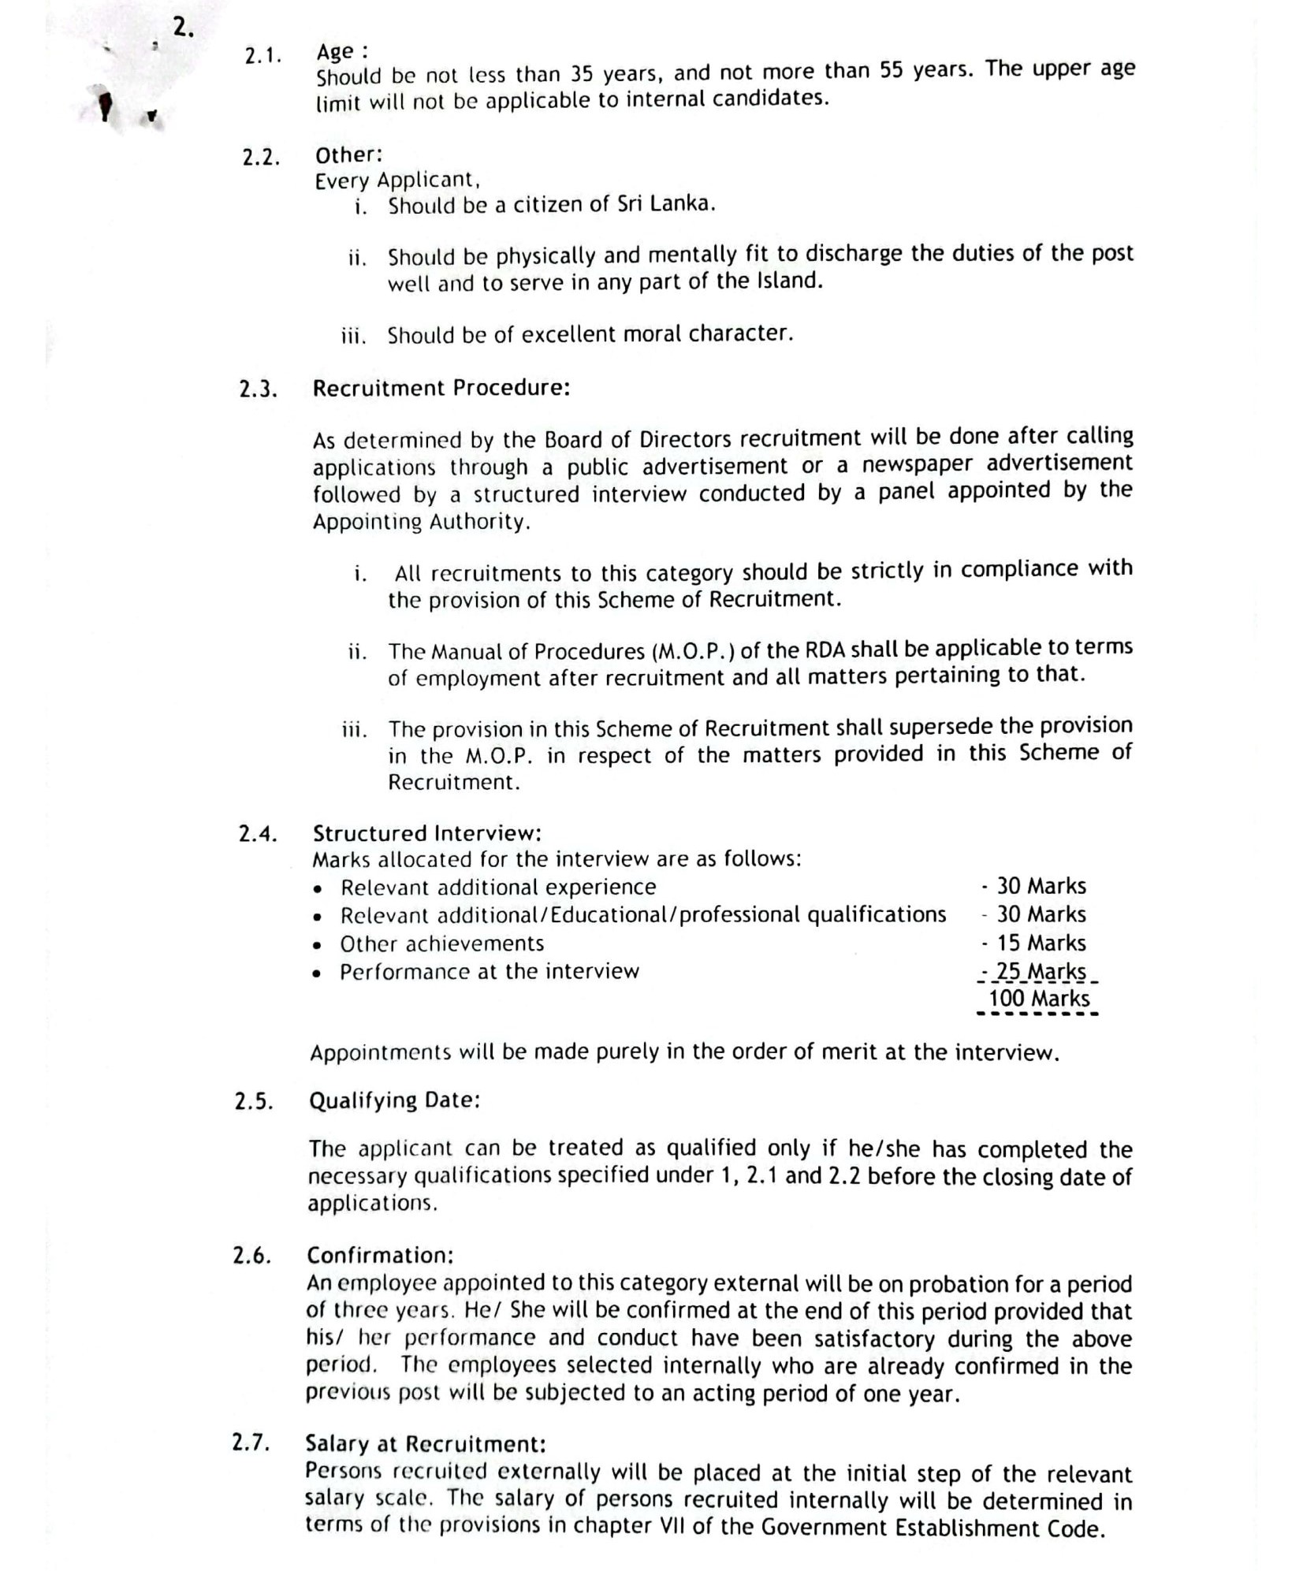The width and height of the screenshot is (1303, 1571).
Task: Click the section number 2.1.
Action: pyautogui.click(x=262, y=56)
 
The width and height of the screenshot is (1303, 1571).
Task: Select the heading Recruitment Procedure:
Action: pyautogui.click(x=441, y=388)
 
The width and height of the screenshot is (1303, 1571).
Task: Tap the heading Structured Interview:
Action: pyautogui.click(x=426, y=833)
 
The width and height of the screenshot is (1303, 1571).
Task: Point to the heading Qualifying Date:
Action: pyautogui.click(x=394, y=1100)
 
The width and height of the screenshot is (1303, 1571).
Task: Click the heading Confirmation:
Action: pyautogui.click(x=380, y=1255)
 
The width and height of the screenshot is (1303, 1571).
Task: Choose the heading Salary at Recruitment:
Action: pyautogui.click(x=425, y=1443)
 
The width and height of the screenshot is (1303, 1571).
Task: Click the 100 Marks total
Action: pyautogui.click(x=1039, y=999)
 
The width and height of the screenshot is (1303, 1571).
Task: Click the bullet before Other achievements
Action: pyautogui.click(x=317, y=945)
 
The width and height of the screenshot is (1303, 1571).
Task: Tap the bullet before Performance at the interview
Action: pyautogui.click(x=317, y=973)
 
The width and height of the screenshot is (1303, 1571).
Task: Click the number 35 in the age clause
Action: pyautogui.click(x=582, y=74)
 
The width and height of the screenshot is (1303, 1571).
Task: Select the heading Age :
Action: pyautogui.click(x=341, y=52)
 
